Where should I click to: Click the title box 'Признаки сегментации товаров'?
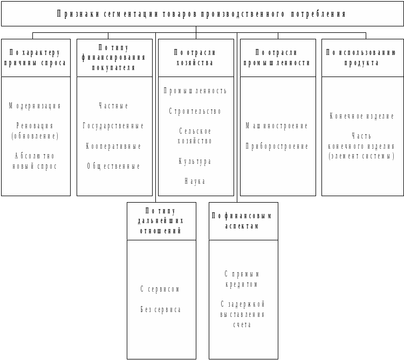pyautogui.click(x=202, y=14)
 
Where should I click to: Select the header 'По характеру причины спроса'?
pyautogui.click(x=36, y=58)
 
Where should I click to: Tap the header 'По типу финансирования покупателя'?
pyautogui.click(x=114, y=58)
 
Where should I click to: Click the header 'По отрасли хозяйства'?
pyautogui.click(x=196, y=58)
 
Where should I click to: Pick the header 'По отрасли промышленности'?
pyautogui.click(x=278, y=58)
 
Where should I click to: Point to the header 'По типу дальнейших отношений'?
pyautogui.click(x=161, y=221)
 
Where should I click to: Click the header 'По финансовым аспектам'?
pyautogui.click(x=243, y=221)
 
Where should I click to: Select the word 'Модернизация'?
pyautogui.click(x=35, y=106)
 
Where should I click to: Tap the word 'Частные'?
pyautogui.click(x=114, y=106)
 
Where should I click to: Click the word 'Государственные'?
pyautogui.click(x=114, y=126)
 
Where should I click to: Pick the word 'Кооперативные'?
pyautogui.click(x=114, y=147)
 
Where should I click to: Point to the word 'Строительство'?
pyautogui.click(x=195, y=112)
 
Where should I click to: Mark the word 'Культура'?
pyautogui.click(x=195, y=162)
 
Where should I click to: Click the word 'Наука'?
pyautogui.click(x=195, y=182)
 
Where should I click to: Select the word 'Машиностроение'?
pyautogui.click(x=277, y=126)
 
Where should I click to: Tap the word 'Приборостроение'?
pyautogui.click(x=277, y=147)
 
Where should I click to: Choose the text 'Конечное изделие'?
pyautogui.click(x=362, y=116)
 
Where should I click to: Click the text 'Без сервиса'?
pyautogui.click(x=161, y=310)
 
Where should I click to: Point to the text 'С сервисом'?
pyautogui.click(x=161, y=289)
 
